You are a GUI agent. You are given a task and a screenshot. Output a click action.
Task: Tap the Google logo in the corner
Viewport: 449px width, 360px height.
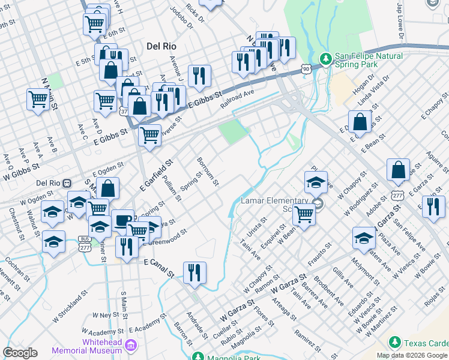20,353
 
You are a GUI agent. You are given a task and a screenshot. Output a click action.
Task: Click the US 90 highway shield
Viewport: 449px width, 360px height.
306,69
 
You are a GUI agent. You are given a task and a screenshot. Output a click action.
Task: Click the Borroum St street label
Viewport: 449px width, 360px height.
207,171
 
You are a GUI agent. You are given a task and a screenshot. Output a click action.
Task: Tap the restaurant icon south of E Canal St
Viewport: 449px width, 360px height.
194,274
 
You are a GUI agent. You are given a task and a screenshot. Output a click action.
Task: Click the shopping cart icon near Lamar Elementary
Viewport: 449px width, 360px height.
304,214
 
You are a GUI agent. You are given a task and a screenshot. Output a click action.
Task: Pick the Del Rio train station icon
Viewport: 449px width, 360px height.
68,182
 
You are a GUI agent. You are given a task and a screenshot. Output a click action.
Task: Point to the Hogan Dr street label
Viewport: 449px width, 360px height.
364,84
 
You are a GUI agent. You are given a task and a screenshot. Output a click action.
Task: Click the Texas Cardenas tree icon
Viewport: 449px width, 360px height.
394,343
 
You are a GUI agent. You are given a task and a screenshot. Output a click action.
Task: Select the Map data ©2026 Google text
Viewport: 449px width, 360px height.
412,355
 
